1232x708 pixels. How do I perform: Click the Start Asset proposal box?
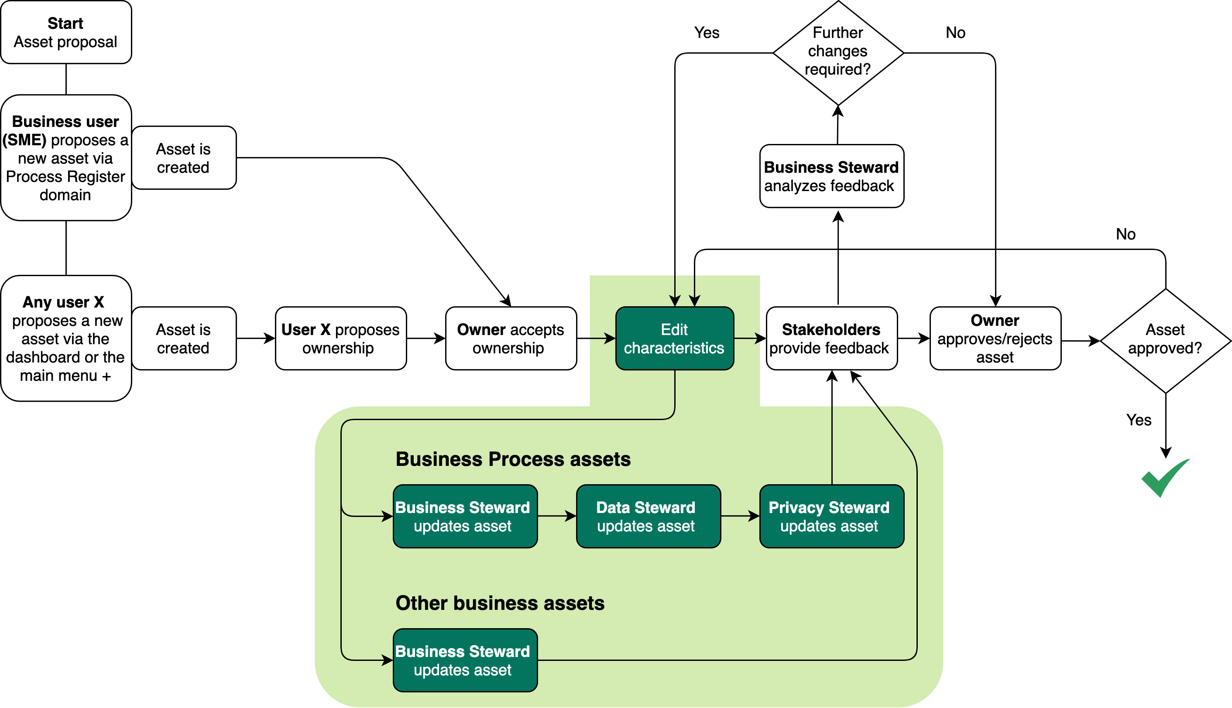click(65, 32)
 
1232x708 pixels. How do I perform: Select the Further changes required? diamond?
click(837, 52)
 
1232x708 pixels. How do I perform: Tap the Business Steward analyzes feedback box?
click(831, 176)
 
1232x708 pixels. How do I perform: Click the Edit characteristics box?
click(674, 339)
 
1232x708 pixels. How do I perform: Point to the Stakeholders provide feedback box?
click(831, 339)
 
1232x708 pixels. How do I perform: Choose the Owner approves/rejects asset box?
click(995, 339)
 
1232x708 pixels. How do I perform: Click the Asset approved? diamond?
click(1165, 340)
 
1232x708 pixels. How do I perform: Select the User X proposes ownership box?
click(340, 339)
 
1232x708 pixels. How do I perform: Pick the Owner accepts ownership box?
click(511, 339)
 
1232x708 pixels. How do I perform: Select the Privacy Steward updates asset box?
click(831, 516)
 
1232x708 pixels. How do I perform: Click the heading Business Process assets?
click(513, 459)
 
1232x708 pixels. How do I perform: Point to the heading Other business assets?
click(500, 603)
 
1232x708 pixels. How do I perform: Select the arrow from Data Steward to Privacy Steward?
click(740, 516)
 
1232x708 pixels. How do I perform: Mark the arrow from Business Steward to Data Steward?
click(556, 516)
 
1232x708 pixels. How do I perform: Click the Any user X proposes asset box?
click(65, 339)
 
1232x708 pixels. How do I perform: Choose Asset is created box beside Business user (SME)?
click(183, 158)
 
